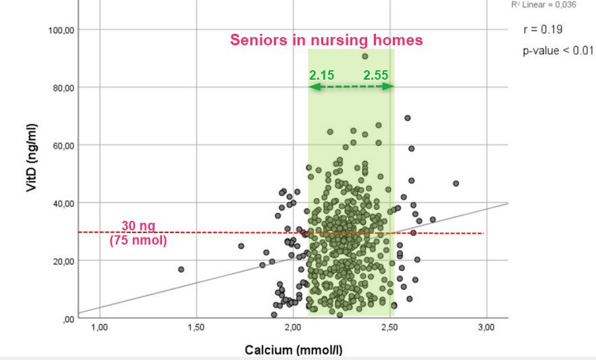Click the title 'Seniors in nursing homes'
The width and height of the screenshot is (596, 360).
327,40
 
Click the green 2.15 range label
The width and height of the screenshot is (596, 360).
322,75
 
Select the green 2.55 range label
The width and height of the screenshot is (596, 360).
375,75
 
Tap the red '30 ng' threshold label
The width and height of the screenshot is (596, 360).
138,226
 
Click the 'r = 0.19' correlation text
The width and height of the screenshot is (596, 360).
543,30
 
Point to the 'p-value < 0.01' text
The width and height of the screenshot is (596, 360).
558,51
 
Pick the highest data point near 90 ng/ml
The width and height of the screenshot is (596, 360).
364,56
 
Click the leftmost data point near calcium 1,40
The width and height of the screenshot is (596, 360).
181,269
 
